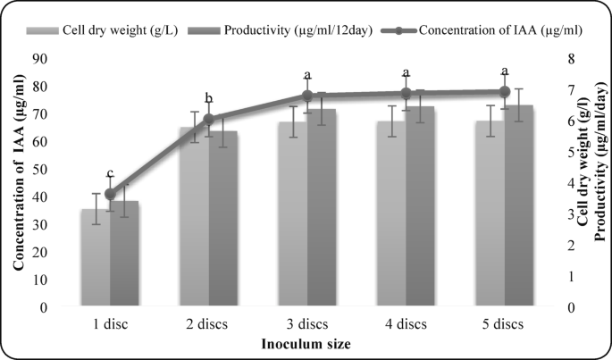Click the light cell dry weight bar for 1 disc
coord(96,259)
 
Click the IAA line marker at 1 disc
coord(111,194)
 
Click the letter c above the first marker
coord(110,173)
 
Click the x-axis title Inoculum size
coord(306,343)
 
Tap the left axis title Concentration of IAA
coord(19,183)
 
